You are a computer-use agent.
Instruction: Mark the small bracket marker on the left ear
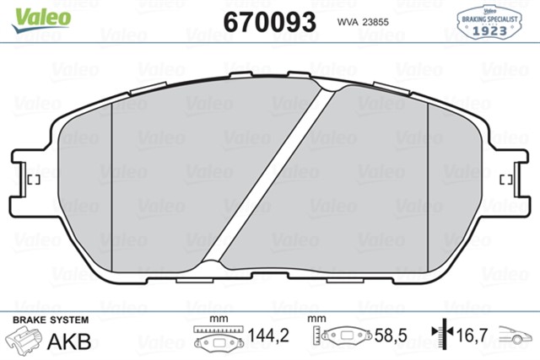(x=35, y=179)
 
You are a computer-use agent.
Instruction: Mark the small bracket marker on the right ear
(x=505, y=179)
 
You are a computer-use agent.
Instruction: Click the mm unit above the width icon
(x=219, y=319)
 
